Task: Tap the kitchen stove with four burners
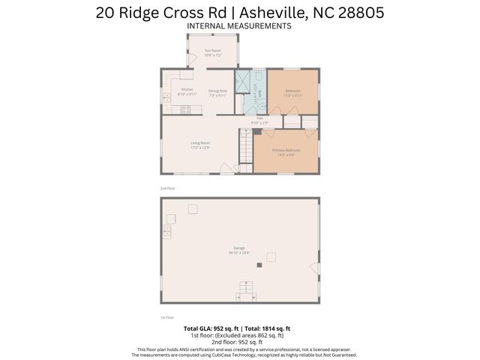pos(185,109)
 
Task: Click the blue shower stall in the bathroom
pos(242,81)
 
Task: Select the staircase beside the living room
pos(244,146)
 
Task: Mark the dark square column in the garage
pos(259,265)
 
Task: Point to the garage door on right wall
pos(316,268)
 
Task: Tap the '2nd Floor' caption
pos(166,187)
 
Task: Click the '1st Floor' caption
pos(166,317)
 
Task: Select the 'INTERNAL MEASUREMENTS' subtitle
pos(239,25)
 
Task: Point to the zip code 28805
pos(358,11)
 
